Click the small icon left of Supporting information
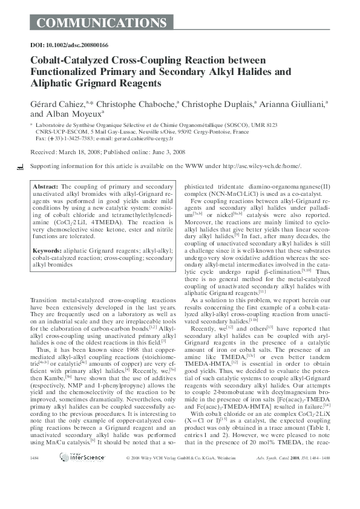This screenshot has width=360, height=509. [x=21, y=166]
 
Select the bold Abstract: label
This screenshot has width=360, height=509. [x=47, y=187]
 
